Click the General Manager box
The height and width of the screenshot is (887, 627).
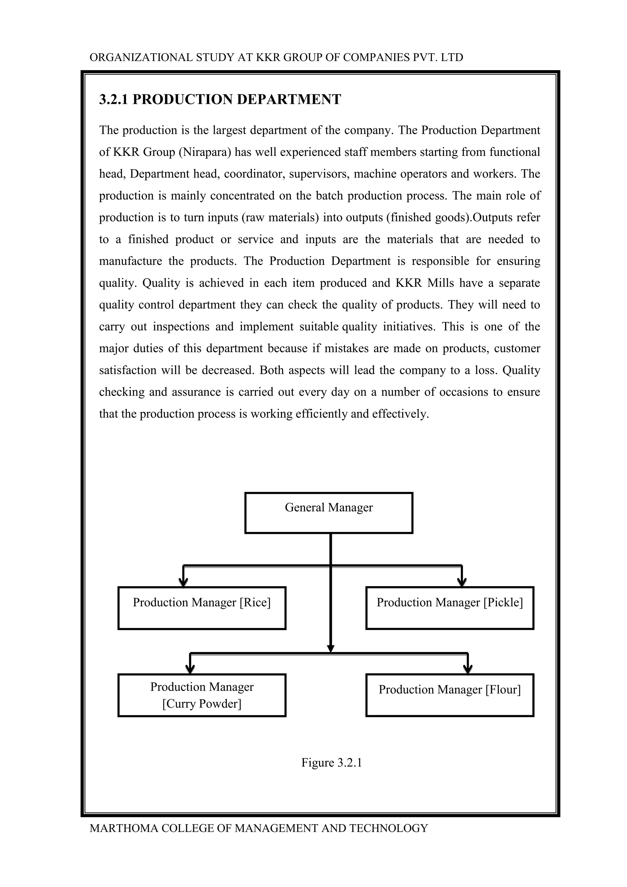pos(329,513)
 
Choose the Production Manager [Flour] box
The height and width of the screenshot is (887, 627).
pos(449,695)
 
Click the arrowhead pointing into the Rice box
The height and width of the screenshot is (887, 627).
pos(184,583)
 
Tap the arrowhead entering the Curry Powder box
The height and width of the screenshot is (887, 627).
pos(190,670)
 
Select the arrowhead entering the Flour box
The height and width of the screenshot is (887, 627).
pos(467,670)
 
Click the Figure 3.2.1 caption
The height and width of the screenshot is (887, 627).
pos(332,763)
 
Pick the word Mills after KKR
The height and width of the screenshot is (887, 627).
pos(441,283)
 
